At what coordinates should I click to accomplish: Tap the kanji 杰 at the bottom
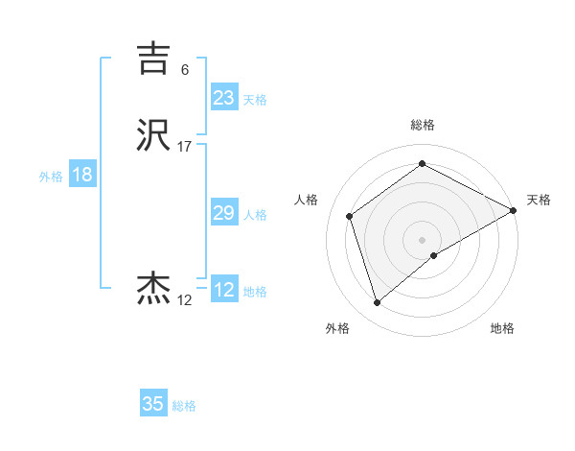coord(154,289)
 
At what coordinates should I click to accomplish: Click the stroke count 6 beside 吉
coord(185,69)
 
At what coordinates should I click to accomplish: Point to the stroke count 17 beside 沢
coord(184,147)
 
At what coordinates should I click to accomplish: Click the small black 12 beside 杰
coord(184,300)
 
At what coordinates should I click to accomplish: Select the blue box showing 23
coord(223,97)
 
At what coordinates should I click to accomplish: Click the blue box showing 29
coord(223,213)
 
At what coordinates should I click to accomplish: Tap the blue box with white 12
coord(223,290)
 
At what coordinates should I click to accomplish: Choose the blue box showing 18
coord(81,175)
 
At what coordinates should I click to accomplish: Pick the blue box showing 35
coord(153,404)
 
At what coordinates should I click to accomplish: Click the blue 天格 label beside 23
coord(255,99)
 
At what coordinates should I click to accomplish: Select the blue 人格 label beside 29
coord(255,215)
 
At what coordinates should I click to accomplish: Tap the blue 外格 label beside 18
coord(51,177)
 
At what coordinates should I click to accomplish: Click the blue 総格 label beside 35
coord(184,406)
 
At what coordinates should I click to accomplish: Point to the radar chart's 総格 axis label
coord(423,125)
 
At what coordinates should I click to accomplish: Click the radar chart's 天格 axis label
coord(539,200)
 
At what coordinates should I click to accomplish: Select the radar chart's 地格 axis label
coord(502,329)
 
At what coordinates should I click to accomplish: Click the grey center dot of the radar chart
coord(423,240)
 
